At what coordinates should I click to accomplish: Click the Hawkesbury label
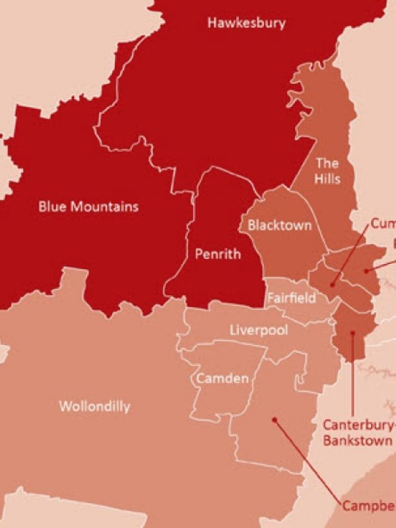247,23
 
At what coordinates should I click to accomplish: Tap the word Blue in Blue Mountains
53,207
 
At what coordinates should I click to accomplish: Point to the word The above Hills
327,163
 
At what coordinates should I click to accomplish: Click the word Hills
328,179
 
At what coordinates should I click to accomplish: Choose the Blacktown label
279,225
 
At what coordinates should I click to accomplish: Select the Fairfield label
291,298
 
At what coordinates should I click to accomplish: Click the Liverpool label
259,329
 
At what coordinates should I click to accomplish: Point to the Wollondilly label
94,406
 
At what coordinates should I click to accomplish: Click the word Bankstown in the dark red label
358,440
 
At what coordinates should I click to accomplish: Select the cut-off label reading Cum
382,224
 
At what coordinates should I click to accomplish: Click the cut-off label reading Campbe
368,506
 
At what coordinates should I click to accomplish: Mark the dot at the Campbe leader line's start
274,418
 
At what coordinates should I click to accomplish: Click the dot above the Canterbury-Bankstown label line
353,334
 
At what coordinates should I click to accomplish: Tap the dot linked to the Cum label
334,284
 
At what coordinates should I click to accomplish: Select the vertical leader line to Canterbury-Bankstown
353,376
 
